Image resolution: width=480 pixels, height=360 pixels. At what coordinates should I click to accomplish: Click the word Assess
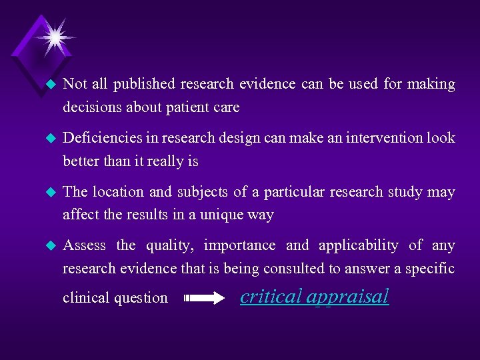tap(84, 245)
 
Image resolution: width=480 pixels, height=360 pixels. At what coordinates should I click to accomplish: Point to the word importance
tap(239, 245)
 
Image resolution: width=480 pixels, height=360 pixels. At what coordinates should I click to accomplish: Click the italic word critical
tap(271, 296)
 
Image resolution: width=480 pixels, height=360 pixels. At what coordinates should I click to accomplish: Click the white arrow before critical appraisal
tap(205, 299)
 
